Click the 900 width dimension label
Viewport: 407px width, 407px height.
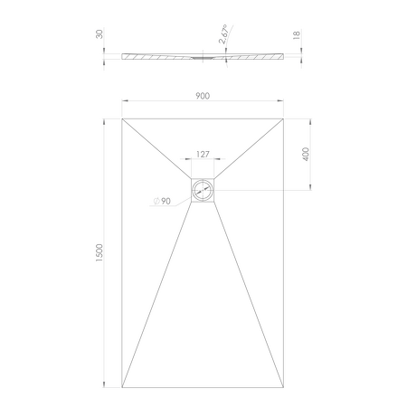pos(203,96)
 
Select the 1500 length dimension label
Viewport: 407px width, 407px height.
pos(99,252)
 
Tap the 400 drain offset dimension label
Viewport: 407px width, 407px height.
pos(306,154)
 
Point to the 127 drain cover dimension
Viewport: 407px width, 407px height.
pos(203,155)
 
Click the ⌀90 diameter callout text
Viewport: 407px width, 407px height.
pos(162,201)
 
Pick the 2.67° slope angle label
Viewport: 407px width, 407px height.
pos(223,34)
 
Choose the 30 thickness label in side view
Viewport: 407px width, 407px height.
pos(99,33)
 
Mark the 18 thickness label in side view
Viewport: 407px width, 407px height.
pos(297,34)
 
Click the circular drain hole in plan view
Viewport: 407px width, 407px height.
pos(203,190)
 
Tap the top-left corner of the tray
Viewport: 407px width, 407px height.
pos(122,118)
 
